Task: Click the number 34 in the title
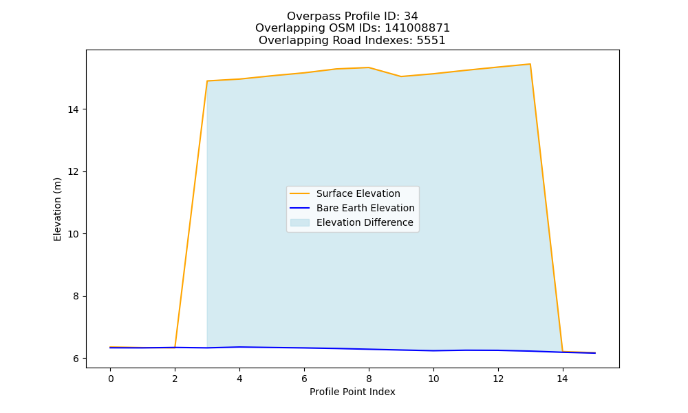(x=411, y=17)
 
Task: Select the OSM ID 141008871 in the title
(x=418, y=28)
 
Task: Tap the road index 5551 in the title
(x=431, y=41)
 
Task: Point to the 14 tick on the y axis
(x=74, y=109)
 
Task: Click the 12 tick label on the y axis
(x=74, y=171)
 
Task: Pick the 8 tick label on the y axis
(x=76, y=296)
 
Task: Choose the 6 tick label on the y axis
(x=76, y=359)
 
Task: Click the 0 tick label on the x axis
(x=111, y=379)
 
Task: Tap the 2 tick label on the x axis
(x=175, y=379)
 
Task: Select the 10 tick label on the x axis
(x=433, y=379)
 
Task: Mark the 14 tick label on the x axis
(x=563, y=379)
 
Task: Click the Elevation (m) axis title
(x=57, y=209)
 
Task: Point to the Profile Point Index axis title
(x=352, y=392)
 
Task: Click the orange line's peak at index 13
(x=530, y=64)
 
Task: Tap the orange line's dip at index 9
(x=401, y=76)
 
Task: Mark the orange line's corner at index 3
(x=207, y=81)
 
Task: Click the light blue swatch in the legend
(x=300, y=222)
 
